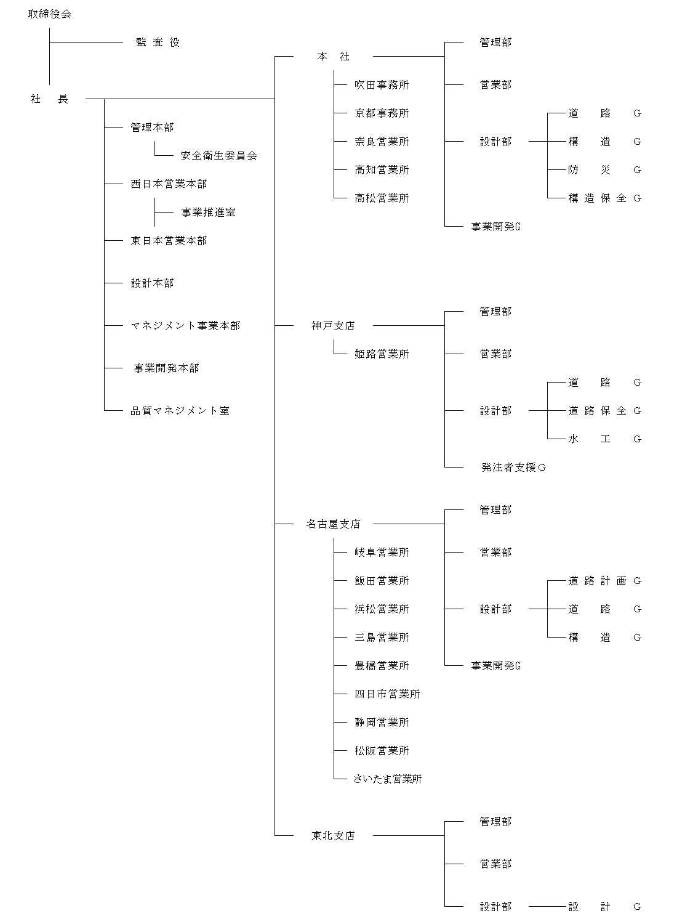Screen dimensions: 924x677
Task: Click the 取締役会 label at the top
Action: tap(49, 14)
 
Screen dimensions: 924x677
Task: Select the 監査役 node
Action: tap(158, 43)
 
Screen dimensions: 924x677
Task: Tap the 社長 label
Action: tap(49, 99)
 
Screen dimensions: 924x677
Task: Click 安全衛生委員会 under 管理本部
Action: tap(218, 156)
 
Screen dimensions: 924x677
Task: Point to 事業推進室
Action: tap(208, 213)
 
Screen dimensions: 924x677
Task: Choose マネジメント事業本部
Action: tap(185, 326)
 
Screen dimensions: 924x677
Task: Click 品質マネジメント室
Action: tap(180, 411)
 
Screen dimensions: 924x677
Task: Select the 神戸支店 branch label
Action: tap(333, 326)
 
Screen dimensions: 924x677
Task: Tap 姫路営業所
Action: tap(382, 354)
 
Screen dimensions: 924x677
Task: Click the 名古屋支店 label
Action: tap(333, 524)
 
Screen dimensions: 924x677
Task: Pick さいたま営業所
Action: tap(388, 779)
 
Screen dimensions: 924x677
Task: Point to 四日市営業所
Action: tap(387, 694)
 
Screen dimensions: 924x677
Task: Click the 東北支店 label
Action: tap(333, 836)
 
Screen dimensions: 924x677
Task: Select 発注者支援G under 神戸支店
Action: tap(514, 468)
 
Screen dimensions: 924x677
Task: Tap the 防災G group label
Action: tap(604, 170)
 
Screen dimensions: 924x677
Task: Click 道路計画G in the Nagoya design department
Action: tap(604, 581)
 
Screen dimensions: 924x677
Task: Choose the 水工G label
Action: tap(604, 439)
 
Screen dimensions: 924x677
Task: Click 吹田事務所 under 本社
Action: tap(382, 85)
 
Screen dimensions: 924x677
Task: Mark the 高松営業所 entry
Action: tap(382, 198)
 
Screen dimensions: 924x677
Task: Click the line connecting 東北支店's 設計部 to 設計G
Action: tap(547, 907)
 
